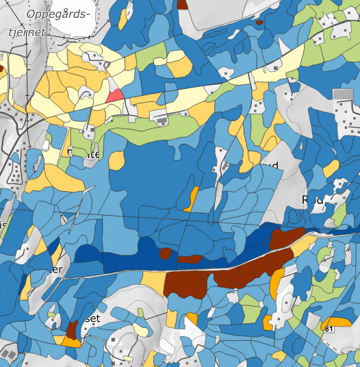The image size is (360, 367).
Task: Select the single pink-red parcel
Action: tap(114, 95)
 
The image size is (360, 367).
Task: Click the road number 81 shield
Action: tap(329, 329)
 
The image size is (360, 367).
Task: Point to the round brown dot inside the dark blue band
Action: tap(165, 253)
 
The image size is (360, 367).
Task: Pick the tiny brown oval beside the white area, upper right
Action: tap(259, 22)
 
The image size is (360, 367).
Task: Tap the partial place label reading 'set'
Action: tap(91, 319)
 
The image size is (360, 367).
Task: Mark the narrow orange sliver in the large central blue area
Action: tap(192, 198)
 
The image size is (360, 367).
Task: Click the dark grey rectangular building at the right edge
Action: tap(342, 95)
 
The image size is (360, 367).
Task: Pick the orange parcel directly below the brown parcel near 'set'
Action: tap(71, 340)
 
